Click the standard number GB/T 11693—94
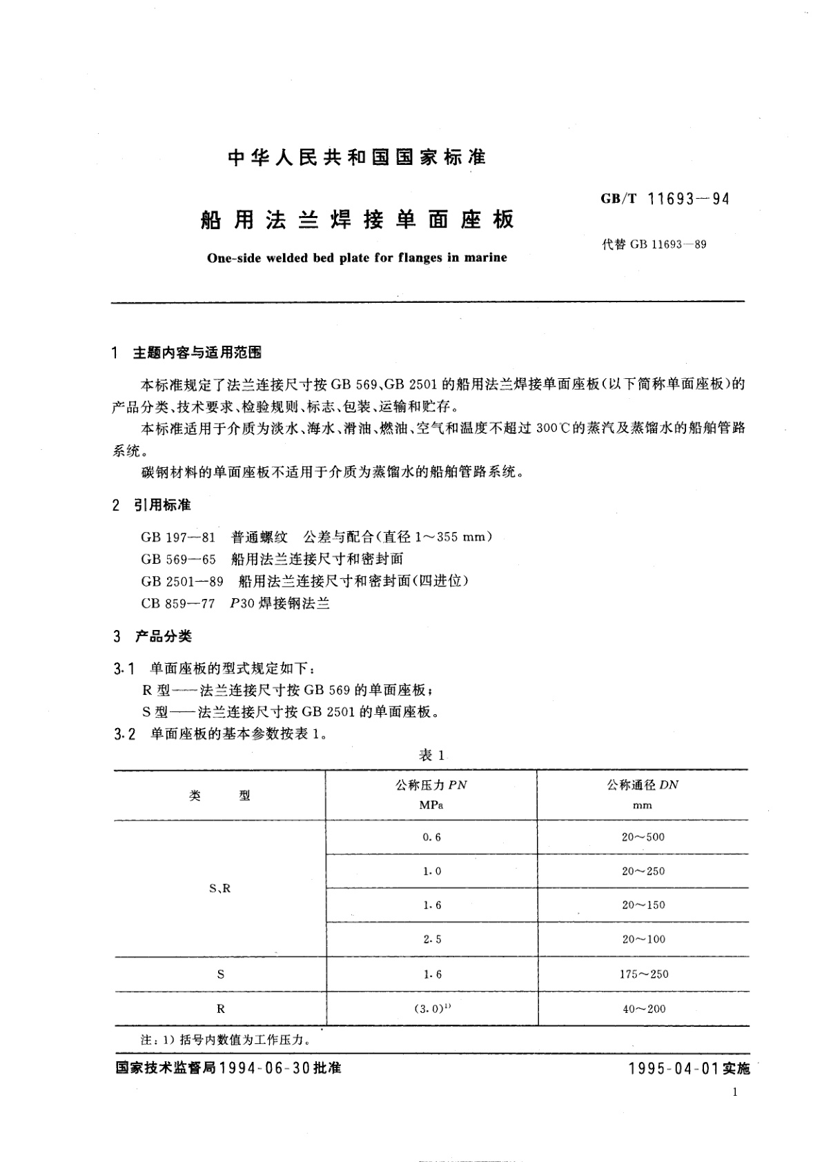coord(665,199)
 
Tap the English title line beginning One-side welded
coord(357,258)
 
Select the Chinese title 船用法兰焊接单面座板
coord(357,219)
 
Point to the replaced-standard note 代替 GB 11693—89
coord(654,244)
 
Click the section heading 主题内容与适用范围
coord(197,353)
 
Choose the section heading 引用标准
coord(162,505)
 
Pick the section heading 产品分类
coord(162,636)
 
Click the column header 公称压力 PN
coord(431,785)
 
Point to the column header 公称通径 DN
coord(643,785)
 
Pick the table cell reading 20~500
coord(643,837)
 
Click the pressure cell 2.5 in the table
coord(431,939)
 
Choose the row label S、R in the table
coord(219,889)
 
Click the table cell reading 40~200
coord(643,1009)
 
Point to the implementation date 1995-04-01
coord(674,1069)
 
